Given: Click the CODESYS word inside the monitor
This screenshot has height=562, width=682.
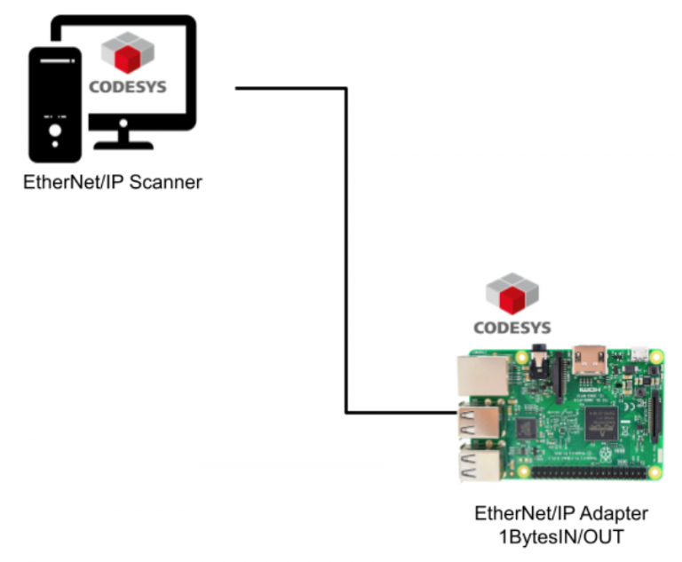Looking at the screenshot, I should click(128, 87).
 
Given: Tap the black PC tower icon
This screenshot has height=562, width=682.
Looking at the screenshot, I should click(56, 106).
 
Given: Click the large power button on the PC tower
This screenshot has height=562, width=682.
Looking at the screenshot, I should click(56, 134).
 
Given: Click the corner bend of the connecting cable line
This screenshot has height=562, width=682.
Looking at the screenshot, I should click(346, 89).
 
